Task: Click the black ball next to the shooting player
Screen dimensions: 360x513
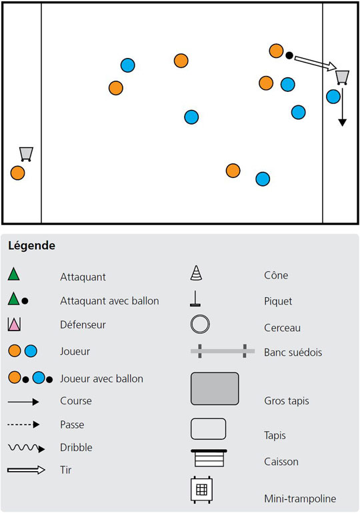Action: point(289,55)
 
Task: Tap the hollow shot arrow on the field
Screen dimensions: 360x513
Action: point(315,63)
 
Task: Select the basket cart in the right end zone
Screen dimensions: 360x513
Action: point(342,77)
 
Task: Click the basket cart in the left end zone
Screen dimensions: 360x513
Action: point(26,154)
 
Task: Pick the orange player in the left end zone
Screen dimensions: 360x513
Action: point(18,173)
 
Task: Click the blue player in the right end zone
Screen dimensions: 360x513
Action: point(333,97)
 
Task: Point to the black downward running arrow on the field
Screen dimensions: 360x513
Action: point(342,107)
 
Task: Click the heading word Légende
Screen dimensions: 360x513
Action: point(32,245)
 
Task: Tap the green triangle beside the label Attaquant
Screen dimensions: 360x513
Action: point(14,274)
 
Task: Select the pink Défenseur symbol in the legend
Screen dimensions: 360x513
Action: point(14,324)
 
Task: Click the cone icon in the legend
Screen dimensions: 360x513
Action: point(196,273)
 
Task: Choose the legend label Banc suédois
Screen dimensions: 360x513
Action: point(293,352)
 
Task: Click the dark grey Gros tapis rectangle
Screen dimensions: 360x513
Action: point(215,388)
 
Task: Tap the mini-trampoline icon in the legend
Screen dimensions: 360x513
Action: point(201,490)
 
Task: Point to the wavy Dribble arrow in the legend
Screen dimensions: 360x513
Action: point(26,448)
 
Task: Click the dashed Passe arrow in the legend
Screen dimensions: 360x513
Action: point(23,424)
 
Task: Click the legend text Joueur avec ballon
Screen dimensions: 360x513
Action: point(101,378)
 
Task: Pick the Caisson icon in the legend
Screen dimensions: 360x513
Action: point(209,458)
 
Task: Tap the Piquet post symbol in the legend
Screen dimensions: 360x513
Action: point(195,298)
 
